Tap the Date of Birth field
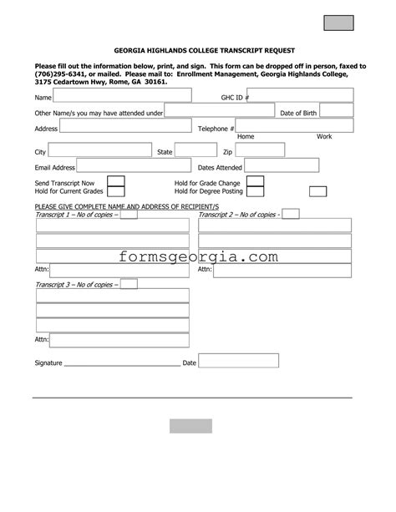point(336,110)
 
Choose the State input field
point(195,150)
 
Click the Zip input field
point(271,150)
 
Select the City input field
point(100,151)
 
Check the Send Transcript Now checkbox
point(116,181)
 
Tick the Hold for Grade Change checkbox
point(255,181)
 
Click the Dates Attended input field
point(282,165)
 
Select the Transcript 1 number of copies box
point(129,215)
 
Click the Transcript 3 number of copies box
point(129,284)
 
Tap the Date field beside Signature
point(238,361)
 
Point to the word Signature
point(48,363)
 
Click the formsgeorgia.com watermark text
point(198,256)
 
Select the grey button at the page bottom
point(190,426)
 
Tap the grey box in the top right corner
point(338,23)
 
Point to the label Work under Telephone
point(324,136)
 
